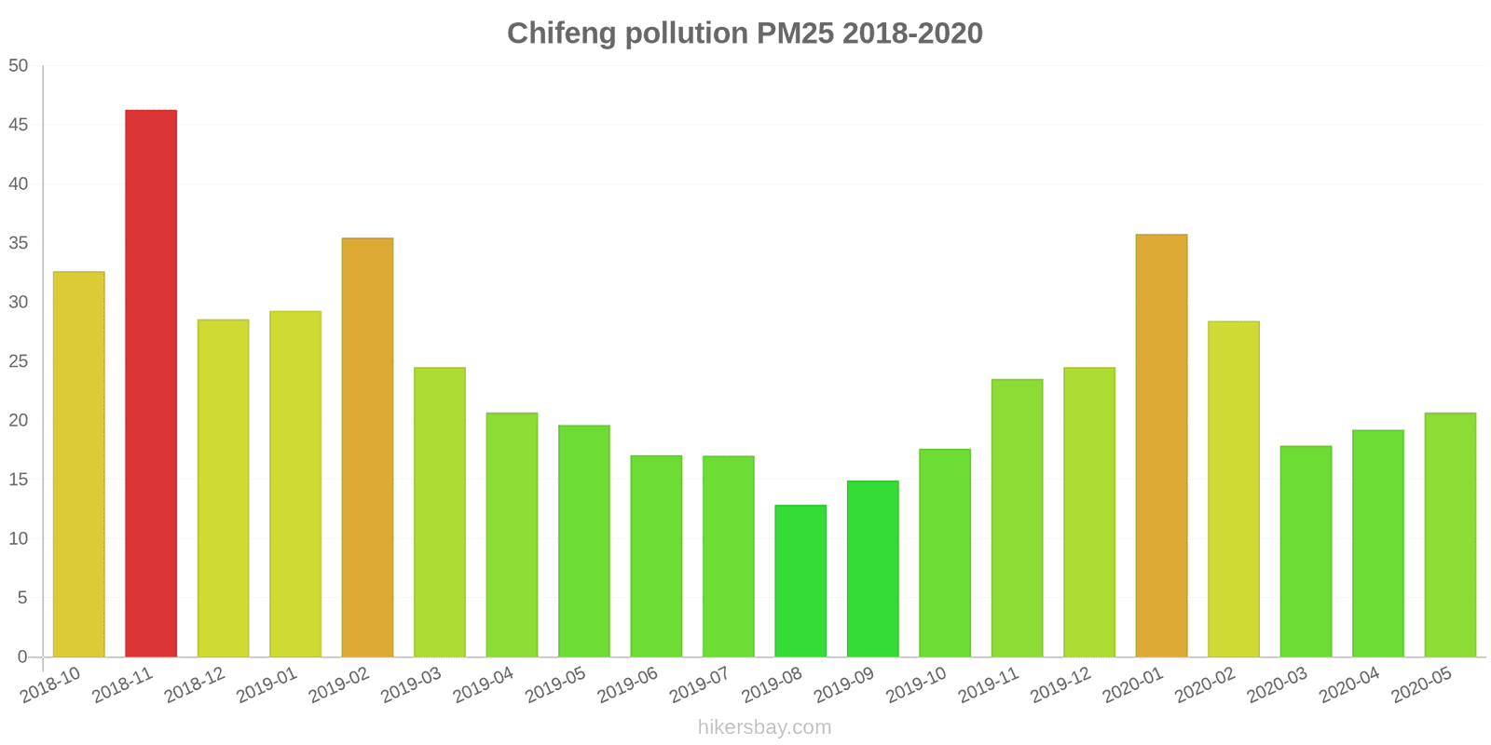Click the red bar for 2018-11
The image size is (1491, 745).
pos(151,384)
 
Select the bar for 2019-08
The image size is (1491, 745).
pos(800,581)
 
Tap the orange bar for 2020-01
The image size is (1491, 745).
pos(1161,446)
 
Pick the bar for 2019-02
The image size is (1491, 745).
pos(367,448)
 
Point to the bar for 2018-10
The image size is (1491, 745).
pos(79,465)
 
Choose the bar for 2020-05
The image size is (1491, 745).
pos(1450,535)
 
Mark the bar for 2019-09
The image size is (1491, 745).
pos(872,569)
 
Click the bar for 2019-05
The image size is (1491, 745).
pos(584,541)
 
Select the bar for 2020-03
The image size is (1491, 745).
pos(1306,551)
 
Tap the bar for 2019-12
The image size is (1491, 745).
pos(1088,512)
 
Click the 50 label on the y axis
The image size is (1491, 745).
pos(19,66)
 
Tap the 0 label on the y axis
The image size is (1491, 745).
pos(22,657)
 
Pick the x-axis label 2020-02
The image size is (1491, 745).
pos(1206,687)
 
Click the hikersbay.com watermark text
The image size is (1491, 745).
pos(764,727)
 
